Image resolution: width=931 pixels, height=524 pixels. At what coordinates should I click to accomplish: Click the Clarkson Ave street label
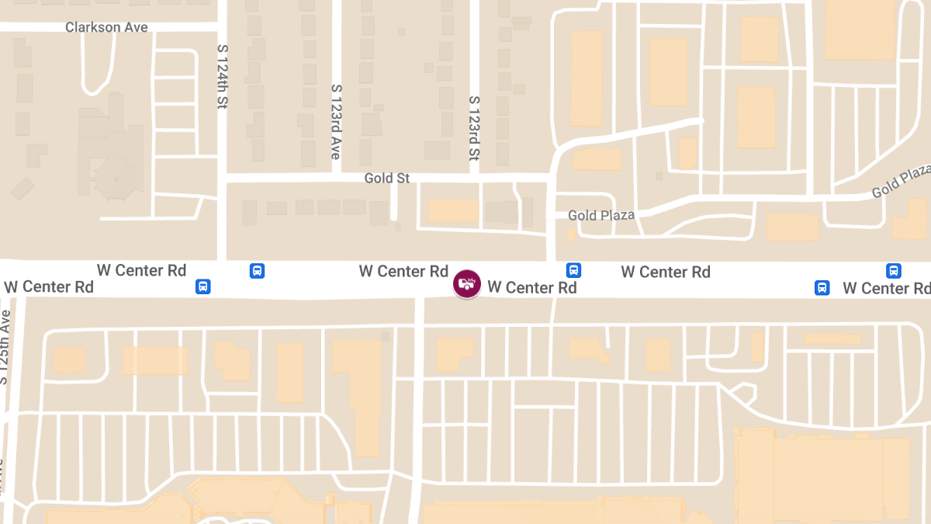[106, 27]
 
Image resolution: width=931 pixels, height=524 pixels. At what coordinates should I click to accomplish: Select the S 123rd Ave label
[336, 122]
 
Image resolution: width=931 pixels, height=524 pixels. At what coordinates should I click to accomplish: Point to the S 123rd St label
[474, 128]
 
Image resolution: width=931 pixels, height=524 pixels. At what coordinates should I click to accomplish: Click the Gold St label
[387, 179]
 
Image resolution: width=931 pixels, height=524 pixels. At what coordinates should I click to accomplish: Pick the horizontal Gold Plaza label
[601, 215]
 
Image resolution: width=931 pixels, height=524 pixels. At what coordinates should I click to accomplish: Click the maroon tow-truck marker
[467, 283]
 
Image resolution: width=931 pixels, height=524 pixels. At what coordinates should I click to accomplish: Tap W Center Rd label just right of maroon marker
[532, 288]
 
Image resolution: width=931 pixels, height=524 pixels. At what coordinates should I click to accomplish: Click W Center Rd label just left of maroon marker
[403, 272]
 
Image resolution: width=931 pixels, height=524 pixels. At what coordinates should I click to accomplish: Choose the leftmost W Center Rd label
[49, 287]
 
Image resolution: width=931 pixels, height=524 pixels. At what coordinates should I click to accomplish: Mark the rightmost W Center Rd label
[886, 289]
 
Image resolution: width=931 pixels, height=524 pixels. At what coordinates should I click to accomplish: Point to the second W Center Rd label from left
[141, 271]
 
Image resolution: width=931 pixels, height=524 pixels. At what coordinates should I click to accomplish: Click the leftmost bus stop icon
[203, 286]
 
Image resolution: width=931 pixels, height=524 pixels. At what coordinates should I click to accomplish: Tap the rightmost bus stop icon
[894, 271]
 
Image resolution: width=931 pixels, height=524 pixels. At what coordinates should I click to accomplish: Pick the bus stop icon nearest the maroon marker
[574, 270]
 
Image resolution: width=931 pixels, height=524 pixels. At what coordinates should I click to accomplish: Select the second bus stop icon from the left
[258, 271]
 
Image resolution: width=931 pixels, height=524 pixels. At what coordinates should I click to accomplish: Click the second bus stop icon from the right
[822, 288]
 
